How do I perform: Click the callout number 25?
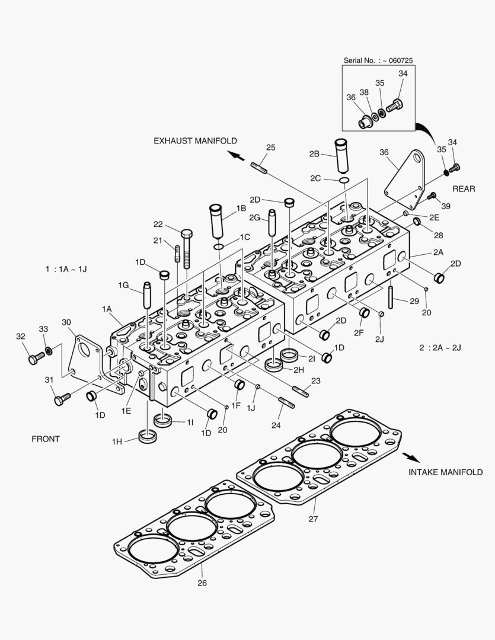point(270,147)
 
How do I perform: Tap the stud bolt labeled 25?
point(259,168)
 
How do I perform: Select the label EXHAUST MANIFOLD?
point(195,140)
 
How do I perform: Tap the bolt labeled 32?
point(36,357)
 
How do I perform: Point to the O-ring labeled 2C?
point(344,180)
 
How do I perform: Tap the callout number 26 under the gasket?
point(203,583)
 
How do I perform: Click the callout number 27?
point(313,519)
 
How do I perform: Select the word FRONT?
point(46,439)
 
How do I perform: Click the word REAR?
point(464,188)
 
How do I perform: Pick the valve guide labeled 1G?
point(147,297)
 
